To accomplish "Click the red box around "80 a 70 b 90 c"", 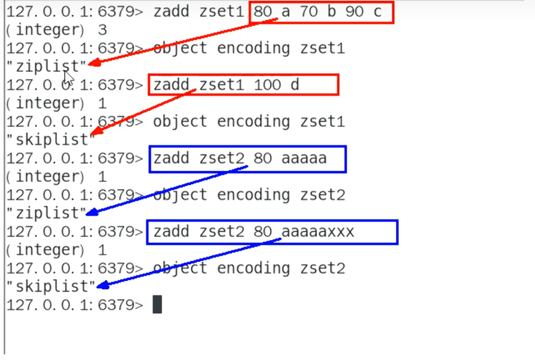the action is [322, 12].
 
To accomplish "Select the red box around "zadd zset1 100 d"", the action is [244, 85].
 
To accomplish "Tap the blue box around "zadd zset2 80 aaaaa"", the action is [248, 158].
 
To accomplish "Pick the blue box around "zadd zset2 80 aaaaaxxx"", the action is [272, 232].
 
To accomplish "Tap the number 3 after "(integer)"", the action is [102, 30].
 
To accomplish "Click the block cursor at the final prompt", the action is [157, 304].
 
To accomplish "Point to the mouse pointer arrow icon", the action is [69, 78].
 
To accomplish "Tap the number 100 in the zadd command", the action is [268, 85].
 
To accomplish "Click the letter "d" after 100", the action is [295, 85].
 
